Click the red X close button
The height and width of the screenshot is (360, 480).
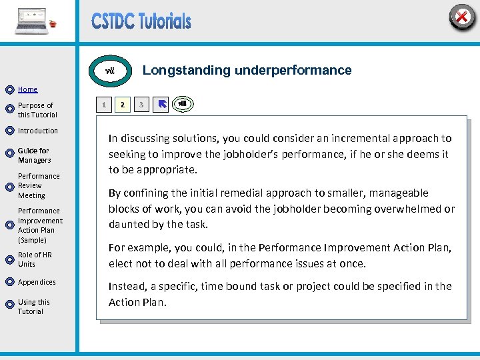coord(461,17)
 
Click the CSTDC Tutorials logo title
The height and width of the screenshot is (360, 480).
coord(141,21)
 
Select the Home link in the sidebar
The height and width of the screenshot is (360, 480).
coord(27,89)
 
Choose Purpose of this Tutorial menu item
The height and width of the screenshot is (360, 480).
coord(37,110)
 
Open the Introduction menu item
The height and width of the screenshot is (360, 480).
coord(37,131)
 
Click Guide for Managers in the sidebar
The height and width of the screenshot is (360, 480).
coord(34,155)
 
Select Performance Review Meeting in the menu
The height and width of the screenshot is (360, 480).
coord(39,186)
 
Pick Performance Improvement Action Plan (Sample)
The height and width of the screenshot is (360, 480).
coord(40,225)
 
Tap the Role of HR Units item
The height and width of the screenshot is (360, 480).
coord(35,259)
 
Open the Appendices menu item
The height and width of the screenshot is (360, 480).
coord(37,282)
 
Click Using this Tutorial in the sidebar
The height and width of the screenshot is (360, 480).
coord(33,307)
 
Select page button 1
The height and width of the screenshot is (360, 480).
coord(103,105)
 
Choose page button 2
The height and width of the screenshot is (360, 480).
coord(122,105)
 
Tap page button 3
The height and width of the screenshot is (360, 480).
coord(141,105)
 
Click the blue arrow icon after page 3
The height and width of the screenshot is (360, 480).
coord(161,105)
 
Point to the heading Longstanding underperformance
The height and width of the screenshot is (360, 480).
coord(247,70)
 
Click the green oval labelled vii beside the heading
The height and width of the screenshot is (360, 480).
coord(111,71)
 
